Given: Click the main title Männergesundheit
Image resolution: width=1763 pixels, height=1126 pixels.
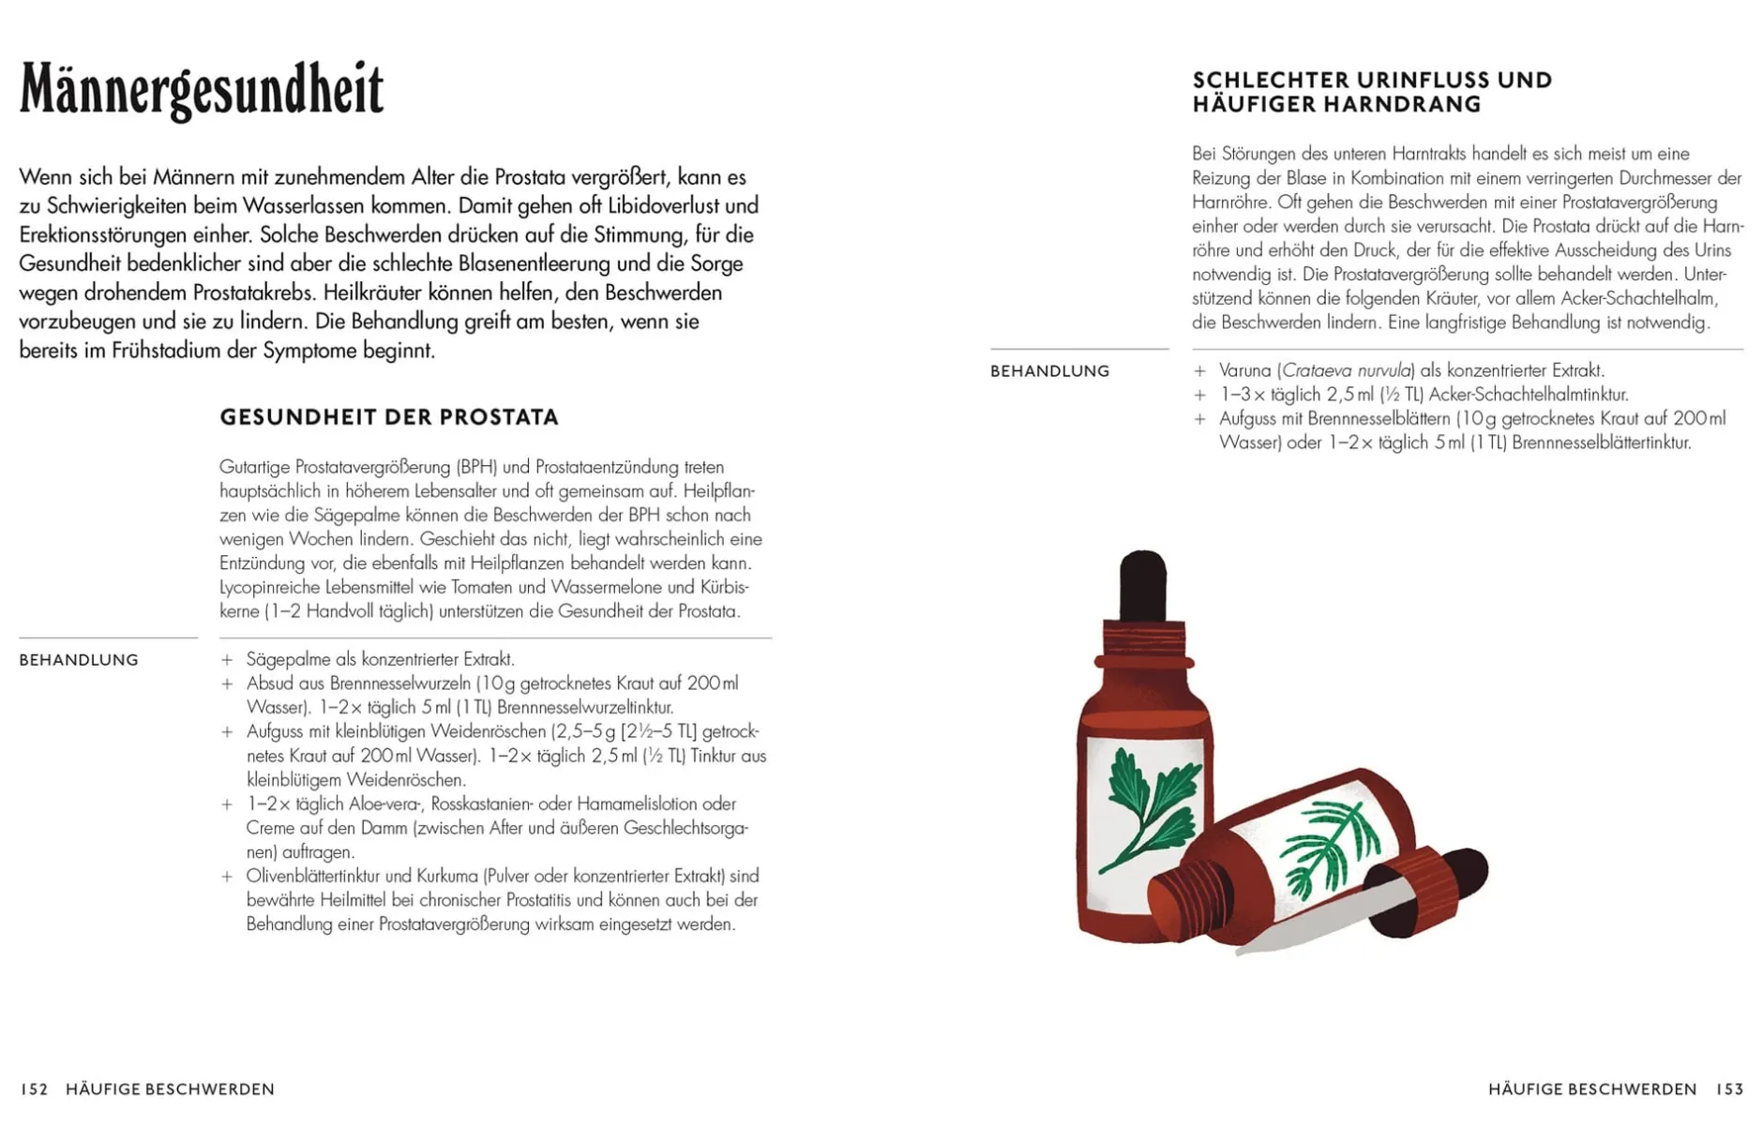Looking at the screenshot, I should pyautogui.click(x=202, y=90).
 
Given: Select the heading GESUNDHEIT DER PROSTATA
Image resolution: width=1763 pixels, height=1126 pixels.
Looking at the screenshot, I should pyautogui.click(x=389, y=417).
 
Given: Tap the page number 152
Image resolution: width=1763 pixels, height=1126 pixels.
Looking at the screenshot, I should pyautogui.click(x=34, y=1088).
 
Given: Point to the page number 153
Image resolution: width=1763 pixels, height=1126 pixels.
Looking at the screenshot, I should pyautogui.click(x=1729, y=1088).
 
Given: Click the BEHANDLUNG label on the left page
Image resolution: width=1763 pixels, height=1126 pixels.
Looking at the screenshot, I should pyautogui.click(x=79, y=660).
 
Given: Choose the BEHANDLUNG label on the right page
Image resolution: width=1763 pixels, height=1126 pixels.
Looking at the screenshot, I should pyautogui.click(x=1049, y=371).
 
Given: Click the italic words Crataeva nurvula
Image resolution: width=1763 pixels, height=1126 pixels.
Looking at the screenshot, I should pyautogui.click(x=1348, y=370).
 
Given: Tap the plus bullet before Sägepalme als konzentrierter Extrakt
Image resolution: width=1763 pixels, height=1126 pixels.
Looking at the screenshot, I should pyautogui.click(x=227, y=660).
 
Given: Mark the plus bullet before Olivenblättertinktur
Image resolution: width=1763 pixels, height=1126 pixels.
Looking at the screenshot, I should pyautogui.click(x=227, y=877).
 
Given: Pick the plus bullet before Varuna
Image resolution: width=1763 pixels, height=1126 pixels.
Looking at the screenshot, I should pyautogui.click(x=1199, y=371).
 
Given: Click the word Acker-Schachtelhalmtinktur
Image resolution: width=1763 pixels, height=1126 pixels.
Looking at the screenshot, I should pyautogui.click(x=1528, y=395).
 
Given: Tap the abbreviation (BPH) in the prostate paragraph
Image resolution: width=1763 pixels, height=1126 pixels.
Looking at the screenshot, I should pyautogui.click(x=476, y=467).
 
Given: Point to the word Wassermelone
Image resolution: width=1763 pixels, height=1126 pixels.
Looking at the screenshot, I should pyautogui.click(x=623, y=587).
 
